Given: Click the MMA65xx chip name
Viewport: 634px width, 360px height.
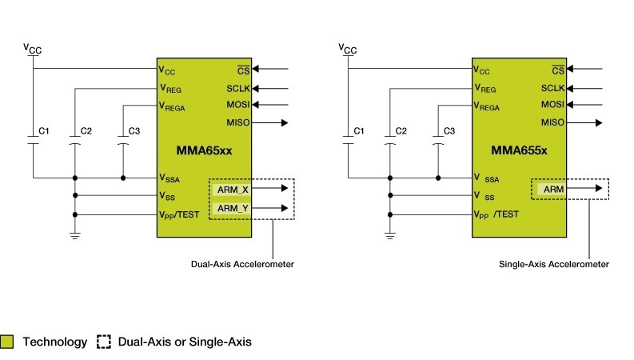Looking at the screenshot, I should coord(205,150).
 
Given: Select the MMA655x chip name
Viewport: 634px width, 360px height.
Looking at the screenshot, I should coord(519,150).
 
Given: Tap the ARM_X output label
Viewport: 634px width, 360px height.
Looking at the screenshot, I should coord(233,190).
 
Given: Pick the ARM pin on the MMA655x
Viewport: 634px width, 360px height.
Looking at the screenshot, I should coord(552,189).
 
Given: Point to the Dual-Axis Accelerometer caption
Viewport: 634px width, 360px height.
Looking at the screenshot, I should coord(242,263).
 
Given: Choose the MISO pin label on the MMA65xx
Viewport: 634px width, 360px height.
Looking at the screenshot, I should coord(238,122).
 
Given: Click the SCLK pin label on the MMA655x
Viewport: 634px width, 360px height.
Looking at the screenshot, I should coord(552,88).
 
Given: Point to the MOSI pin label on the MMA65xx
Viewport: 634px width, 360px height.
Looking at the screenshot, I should coord(238,104).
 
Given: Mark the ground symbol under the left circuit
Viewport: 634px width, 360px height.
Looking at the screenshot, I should coord(74,235).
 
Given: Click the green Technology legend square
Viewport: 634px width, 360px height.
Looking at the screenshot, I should coord(8,342).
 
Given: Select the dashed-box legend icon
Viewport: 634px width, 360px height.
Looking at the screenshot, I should coord(104,342).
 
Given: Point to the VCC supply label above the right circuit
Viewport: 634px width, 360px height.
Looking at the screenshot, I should coord(348,50).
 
